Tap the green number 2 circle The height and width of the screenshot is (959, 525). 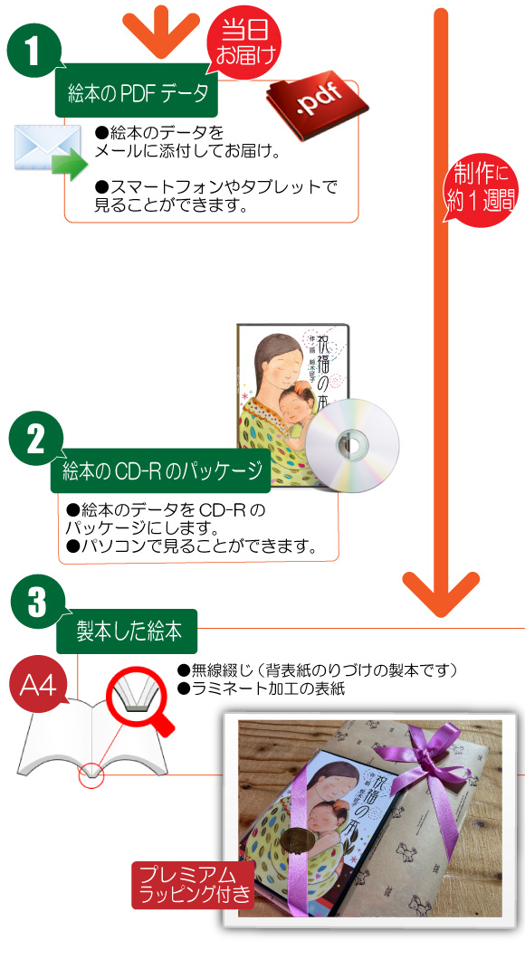pos(35,438)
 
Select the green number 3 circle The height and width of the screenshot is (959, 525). pos(37,602)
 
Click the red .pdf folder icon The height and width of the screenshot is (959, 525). pos(316,105)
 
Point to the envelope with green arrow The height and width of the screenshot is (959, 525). pos(50,151)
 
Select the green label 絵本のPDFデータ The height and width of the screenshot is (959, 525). pos(138,94)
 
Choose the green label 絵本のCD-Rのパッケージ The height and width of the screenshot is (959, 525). pos(161,472)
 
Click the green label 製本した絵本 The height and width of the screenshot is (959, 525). pos(128,631)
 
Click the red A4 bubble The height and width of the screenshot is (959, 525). pos(40,686)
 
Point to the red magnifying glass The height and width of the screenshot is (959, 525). pos(139,703)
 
